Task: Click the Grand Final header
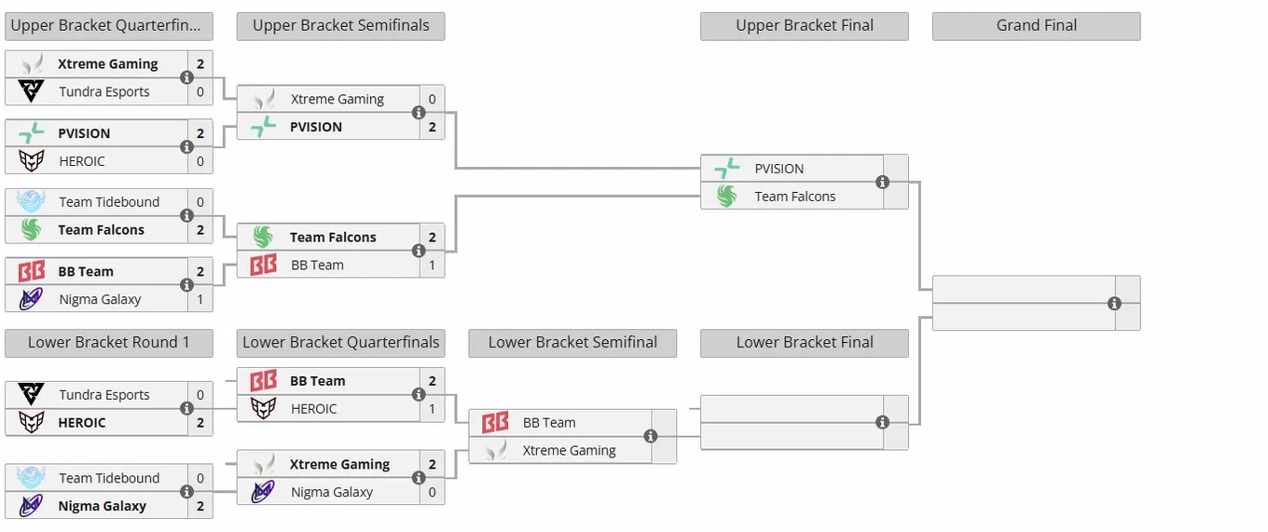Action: pos(1036,26)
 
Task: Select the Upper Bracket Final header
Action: pos(805,26)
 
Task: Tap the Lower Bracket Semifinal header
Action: pos(572,343)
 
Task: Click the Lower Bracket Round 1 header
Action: pos(109,343)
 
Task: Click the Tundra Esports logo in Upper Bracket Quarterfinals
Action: pos(31,91)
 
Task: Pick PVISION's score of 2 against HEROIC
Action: pos(200,133)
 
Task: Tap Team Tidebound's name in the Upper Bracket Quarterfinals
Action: pos(109,202)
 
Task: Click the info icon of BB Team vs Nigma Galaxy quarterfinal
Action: pos(186,285)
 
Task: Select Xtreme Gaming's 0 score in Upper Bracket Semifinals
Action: pos(432,99)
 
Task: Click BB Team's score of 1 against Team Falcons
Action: pos(432,265)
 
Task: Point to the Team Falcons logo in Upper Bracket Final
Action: pos(727,197)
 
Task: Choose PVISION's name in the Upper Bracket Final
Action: pos(779,169)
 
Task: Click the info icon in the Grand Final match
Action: pos(1114,304)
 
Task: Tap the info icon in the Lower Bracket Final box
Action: pos(882,422)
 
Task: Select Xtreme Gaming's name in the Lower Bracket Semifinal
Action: pos(569,451)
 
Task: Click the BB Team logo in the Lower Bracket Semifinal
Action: pos(495,422)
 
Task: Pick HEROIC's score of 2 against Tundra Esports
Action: pos(200,423)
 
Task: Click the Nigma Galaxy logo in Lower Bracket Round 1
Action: pos(31,505)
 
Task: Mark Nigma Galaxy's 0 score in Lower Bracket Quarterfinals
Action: pos(432,492)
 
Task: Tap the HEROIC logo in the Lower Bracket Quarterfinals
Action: pos(263,409)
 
